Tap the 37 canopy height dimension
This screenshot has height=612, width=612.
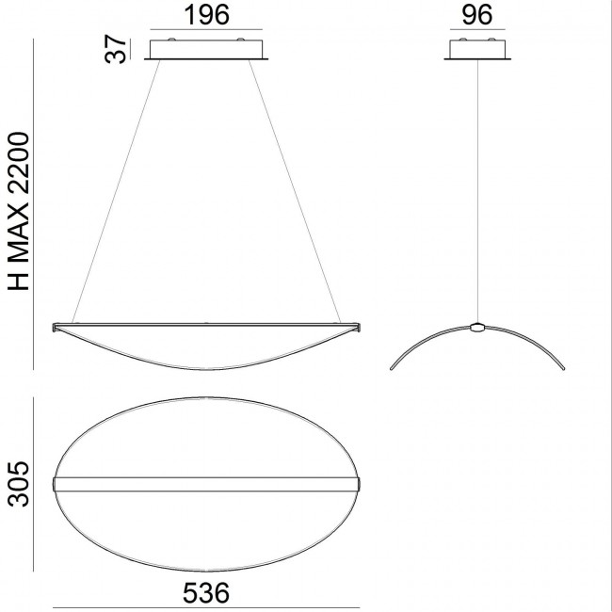tap(116, 49)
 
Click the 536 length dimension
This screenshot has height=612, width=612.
tap(205, 594)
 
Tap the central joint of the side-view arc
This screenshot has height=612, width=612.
tap(479, 329)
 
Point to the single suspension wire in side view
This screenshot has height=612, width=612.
tap(479, 188)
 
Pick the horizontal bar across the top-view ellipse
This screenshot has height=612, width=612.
tap(206, 484)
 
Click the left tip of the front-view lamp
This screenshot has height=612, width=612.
tap(55, 327)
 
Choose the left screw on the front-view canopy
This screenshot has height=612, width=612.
tap(171, 40)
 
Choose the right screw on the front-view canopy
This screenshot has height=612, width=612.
tap(240, 40)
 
